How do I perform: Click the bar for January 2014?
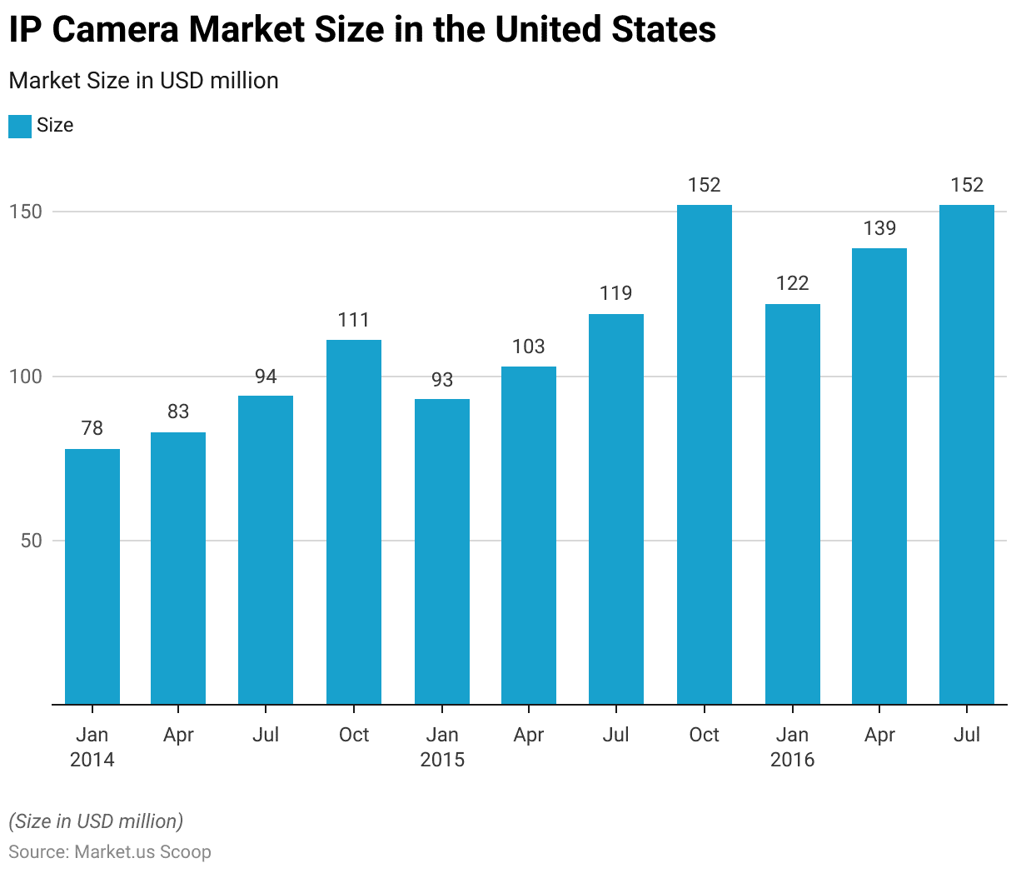tap(92, 576)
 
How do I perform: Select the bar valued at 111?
tap(354, 521)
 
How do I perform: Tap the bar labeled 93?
tap(442, 551)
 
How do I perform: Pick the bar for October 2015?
tap(704, 454)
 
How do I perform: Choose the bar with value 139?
tap(879, 476)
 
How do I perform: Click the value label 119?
tap(616, 293)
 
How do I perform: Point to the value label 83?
tap(178, 412)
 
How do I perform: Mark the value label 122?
tap(792, 283)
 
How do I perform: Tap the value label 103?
tap(528, 347)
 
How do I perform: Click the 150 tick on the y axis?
tap(26, 212)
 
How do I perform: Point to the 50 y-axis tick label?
tap(31, 541)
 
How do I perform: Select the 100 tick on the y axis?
tap(26, 377)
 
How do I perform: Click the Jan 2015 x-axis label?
tap(442, 747)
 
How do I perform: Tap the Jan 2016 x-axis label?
tap(792, 747)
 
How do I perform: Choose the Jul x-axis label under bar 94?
tap(266, 735)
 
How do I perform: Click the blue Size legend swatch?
tap(20, 126)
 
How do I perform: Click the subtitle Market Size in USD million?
tap(143, 81)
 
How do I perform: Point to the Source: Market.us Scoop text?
tap(110, 852)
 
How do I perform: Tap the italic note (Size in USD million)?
tap(96, 821)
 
